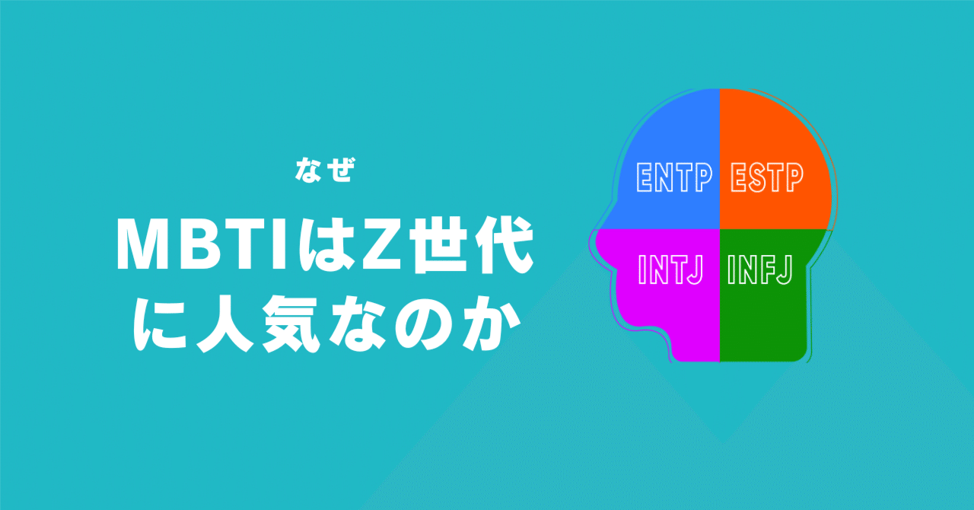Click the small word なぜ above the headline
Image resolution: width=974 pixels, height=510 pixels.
pos(325,169)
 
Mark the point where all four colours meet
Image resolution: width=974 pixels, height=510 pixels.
pos(719,229)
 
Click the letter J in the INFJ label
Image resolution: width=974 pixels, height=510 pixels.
pos(784,269)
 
